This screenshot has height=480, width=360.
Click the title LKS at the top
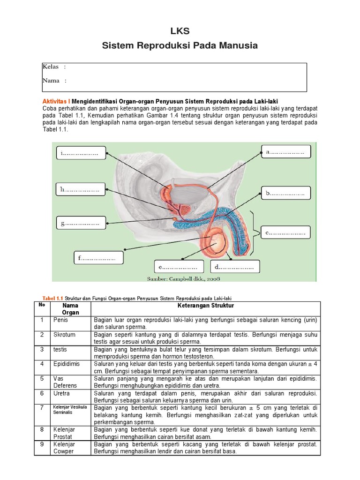click(180, 31)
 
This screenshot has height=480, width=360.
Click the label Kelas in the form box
click(51, 67)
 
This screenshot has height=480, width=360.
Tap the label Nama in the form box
click(51, 81)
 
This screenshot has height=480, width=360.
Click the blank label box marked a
click(285, 152)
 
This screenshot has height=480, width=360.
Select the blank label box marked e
click(180, 267)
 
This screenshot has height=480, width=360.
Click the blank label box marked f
click(98, 258)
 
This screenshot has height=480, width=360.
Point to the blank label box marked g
click(80, 224)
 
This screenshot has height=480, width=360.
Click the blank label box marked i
click(80, 153)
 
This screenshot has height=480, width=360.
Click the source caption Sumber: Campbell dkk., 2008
click(183, 278)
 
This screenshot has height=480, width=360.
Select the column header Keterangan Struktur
click(205, 306)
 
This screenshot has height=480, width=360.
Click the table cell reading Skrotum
click(64, 335)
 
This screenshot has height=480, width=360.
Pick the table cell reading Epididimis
click(67, 364)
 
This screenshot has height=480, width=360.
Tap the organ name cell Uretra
click(61, 393)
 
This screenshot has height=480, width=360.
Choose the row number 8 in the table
click(41, 429)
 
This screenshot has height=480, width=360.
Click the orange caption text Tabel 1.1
click(52, 298)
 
